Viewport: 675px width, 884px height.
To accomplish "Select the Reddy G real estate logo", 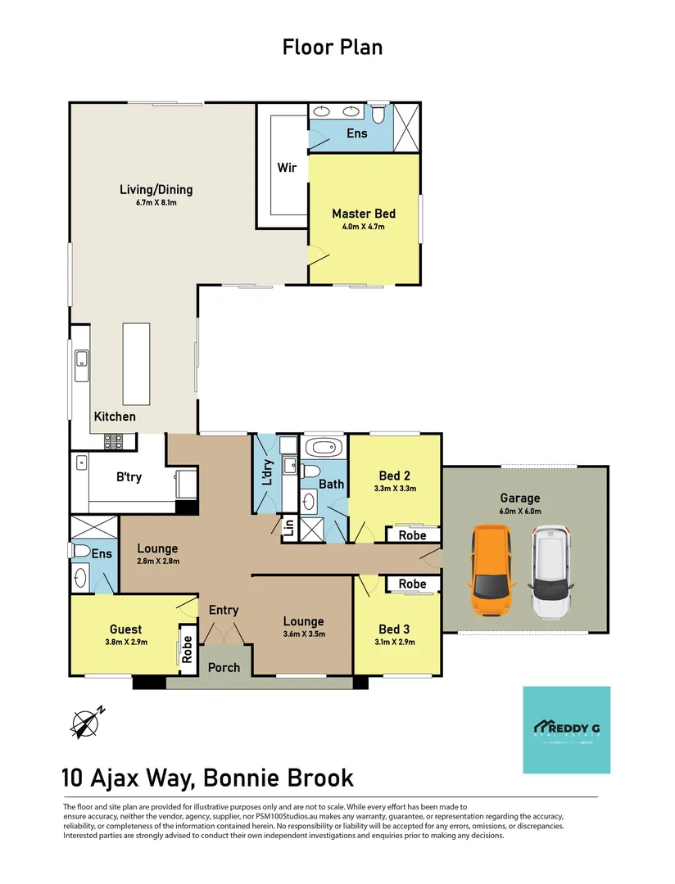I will click(x=566, y=729).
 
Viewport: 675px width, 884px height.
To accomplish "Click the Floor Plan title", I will click(x=333, y=47).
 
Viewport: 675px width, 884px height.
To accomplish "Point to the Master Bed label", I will click(x=363, y=214).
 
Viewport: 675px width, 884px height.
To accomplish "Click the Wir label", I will click(x=287, y=168).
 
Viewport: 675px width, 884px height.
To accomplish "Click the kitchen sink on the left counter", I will click(x=81, y=360).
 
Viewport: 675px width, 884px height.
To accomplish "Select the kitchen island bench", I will click(x=136, y=363).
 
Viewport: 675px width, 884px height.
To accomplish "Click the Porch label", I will click(x=224, y=667).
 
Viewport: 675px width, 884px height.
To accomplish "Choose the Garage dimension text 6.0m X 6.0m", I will click(x=520, y=511).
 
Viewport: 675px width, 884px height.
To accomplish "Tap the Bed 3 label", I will click(x=394, y=629).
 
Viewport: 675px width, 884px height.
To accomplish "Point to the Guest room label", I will click(x=125, y=629).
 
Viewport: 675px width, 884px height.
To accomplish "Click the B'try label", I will click(x=129, y=477).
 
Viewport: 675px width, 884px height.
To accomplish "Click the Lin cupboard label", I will click(x=288, y=528).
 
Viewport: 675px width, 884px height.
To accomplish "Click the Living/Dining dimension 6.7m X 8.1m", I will click(x=156, y=202).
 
